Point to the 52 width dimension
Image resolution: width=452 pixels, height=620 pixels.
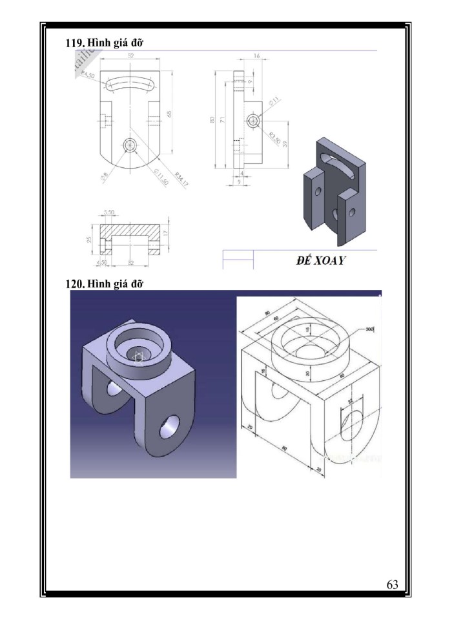[131, 56]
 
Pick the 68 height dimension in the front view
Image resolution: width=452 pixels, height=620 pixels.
[169, 114]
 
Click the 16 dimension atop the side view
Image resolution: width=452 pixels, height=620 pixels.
[256, 57]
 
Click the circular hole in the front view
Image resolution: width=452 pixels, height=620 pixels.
[131, 145]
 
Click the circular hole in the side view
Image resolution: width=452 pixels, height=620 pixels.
[253, 121]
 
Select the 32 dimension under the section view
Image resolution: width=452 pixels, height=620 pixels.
[131, 262]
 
